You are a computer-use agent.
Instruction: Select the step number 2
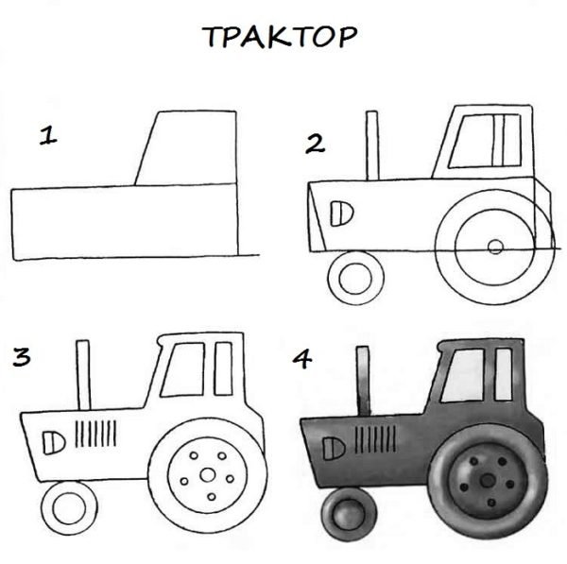pyautogui.click(x=315, y=144)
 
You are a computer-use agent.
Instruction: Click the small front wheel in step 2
pyautogui.click(x=355, y=278)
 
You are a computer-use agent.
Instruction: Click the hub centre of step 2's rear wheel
pyautogui.click(x=494, y=248)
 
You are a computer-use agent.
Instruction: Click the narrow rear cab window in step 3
pyautogui.click(x=223, y=368)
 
